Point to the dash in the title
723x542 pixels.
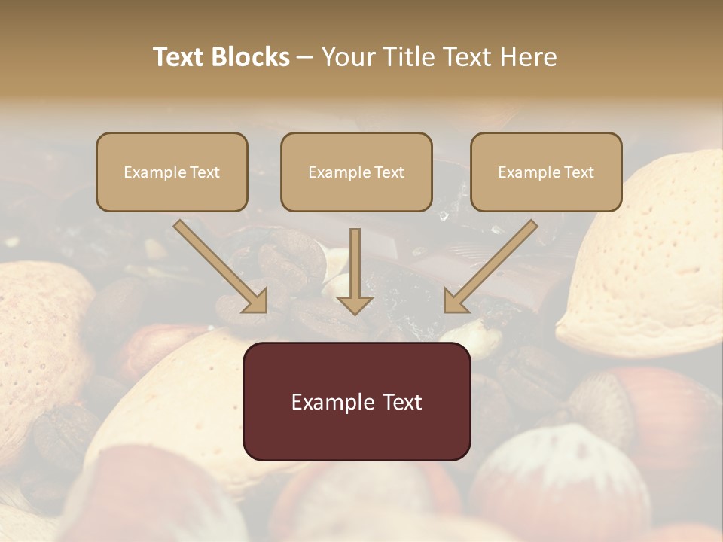pyautogui.click(x=305, y=58)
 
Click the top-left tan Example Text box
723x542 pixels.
pyautogui.click(x=172, y=172)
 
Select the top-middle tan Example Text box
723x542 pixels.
pyautogui.click(x=356, y=172)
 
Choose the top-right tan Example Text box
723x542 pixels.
pyautogui.click(x=546, y=172)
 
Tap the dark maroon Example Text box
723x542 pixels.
pyautogui.click(x=356, y=401)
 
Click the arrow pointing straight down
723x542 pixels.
pyautogui.click(x=355, y=271)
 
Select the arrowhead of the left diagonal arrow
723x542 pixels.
pyautogui.click(x=254, y=300)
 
